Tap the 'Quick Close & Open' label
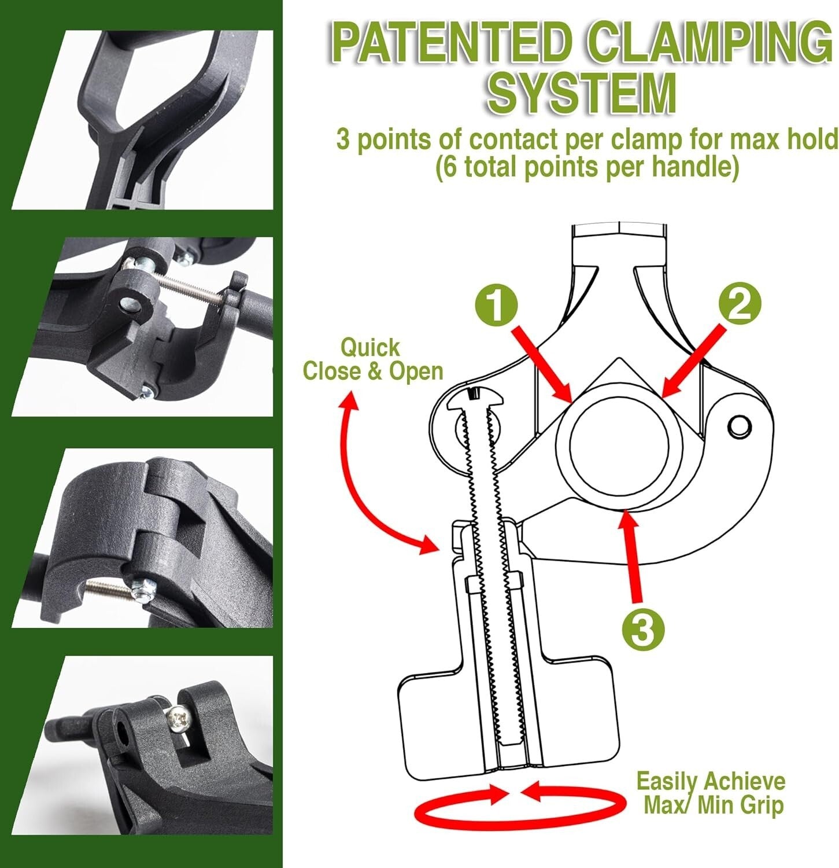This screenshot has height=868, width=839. pyautogui.click(x=372, y=359)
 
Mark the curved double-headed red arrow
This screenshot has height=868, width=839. pyautogui.click(x=370, y=475)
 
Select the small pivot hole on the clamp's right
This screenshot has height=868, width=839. pyautogui.click(x=740, y=427)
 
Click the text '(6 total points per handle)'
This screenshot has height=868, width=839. pyautogui.click(x=587, y=168)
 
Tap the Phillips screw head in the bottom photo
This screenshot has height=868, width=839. pyautogui.click(x=176, y=720)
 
